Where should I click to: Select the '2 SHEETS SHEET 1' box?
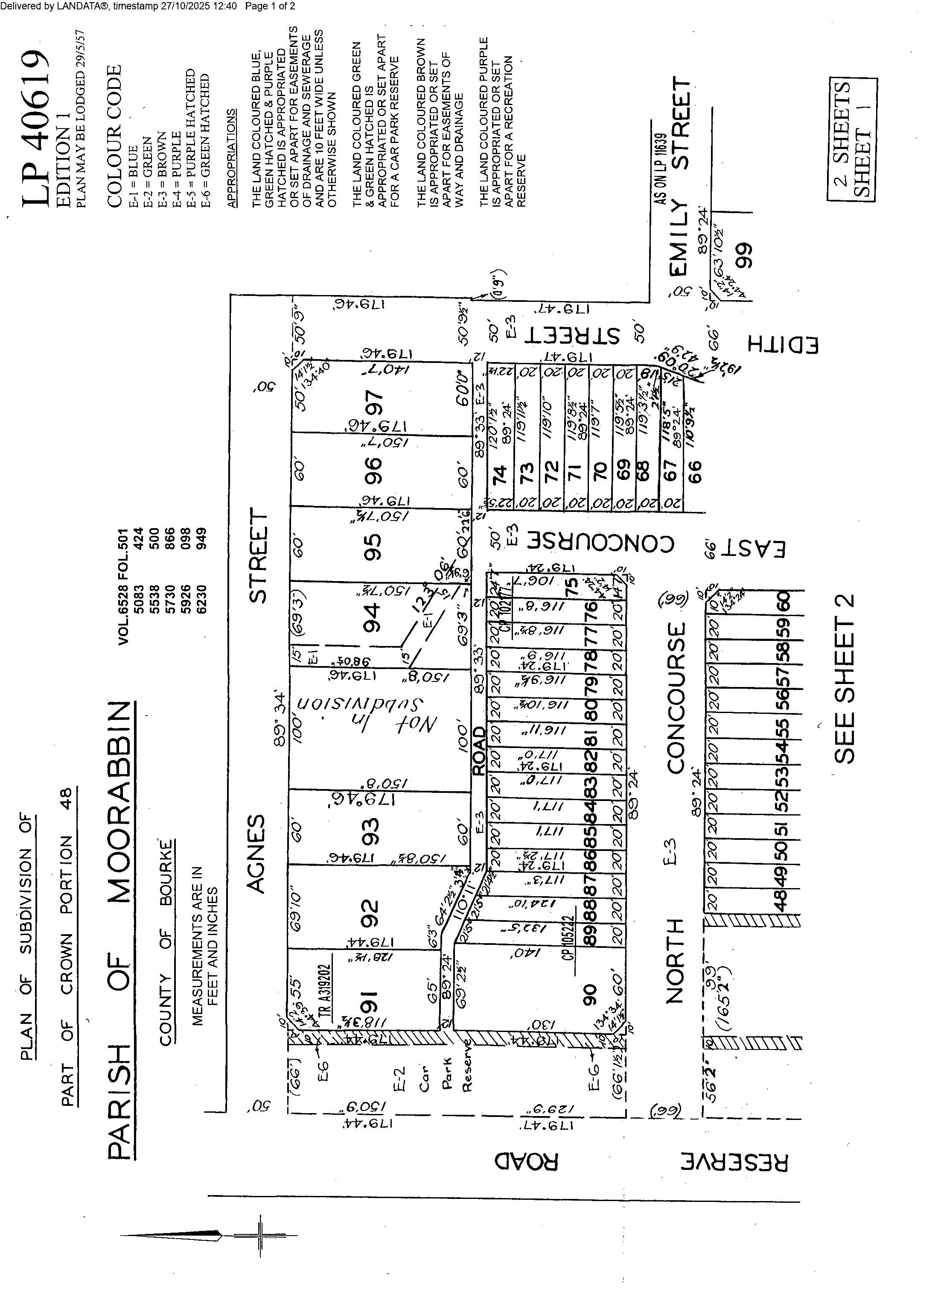(x=852, y=140)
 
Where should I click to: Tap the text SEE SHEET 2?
(x=845, y=678)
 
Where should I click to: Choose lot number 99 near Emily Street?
(x=744, y=256)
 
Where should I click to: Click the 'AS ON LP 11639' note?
(x=659, y=169)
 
